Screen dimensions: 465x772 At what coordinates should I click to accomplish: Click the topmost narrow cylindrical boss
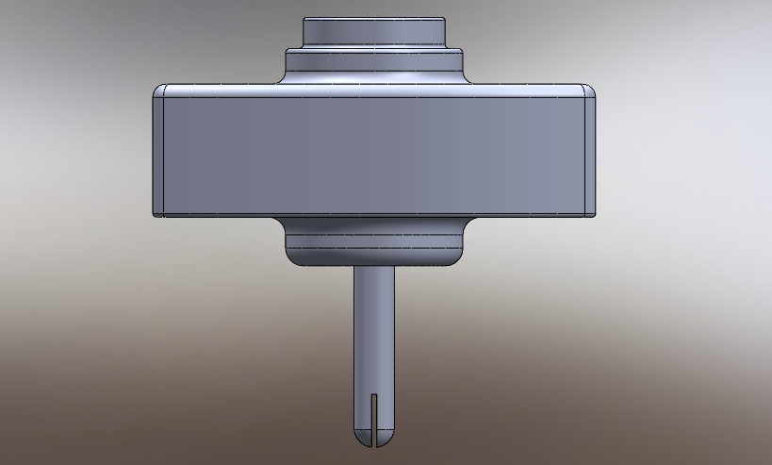click(374, 32)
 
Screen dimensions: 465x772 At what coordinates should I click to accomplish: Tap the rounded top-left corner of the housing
click(159, 91)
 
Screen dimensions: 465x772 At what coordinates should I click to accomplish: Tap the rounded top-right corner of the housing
click(590, 91)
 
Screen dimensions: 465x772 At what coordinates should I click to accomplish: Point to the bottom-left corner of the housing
click(158, 213)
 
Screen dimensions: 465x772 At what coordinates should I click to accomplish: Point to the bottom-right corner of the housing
click(591, 213)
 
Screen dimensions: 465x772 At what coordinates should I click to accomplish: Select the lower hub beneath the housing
click(374, 242)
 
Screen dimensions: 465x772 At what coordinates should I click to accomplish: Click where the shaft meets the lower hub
click(374, 269)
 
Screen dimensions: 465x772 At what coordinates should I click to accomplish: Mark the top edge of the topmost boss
click(374, 19)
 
